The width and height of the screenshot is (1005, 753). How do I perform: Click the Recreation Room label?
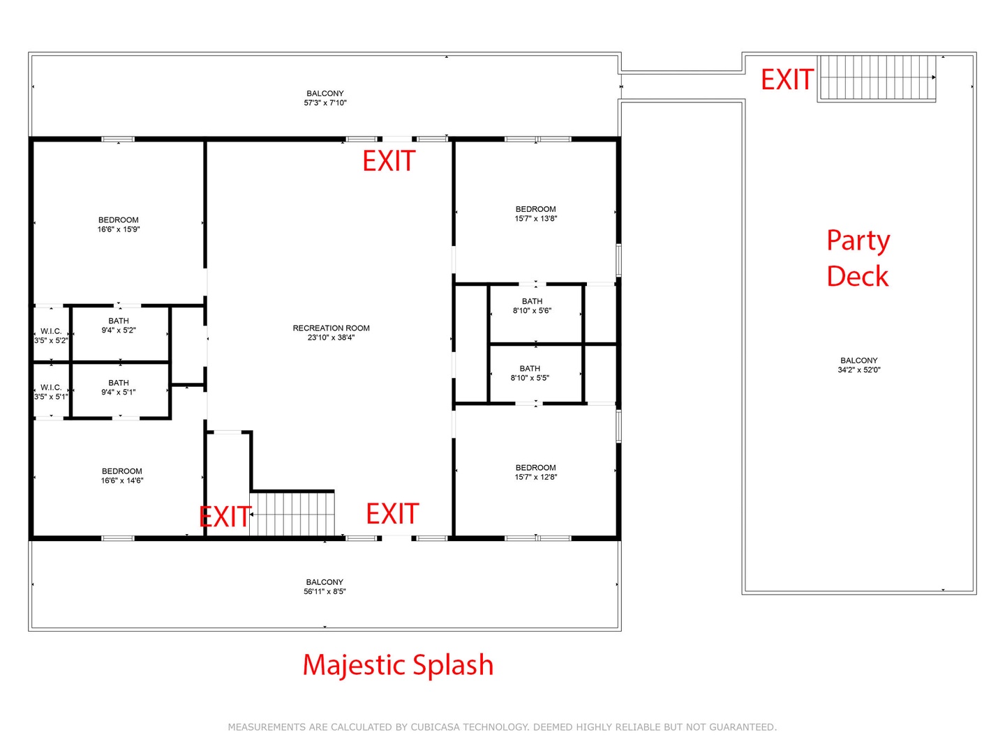click(x=331, y=333)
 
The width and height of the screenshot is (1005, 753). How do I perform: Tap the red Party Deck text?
click(x=858, y=258)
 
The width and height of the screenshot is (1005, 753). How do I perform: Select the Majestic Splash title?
click(x=398, y=666)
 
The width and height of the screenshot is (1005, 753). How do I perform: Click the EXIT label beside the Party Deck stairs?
click(x=787, y=79)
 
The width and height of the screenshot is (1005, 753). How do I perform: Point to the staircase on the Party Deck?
click(x=876, y=77)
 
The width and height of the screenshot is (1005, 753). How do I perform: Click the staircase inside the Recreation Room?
click(x=292, y=513)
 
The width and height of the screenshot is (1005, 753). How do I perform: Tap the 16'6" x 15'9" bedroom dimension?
click(x=118, y=229)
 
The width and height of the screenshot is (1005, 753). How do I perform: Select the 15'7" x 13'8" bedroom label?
click(x=535, y=213)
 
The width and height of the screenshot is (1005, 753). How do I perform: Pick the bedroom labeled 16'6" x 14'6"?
click(x=122, y=476)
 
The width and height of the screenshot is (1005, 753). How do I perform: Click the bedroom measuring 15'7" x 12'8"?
click(x=535, y=472)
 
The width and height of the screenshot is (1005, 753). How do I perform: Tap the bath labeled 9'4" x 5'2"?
click(x=119, y=325)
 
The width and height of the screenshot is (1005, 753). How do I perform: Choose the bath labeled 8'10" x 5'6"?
click(x=532, y=305)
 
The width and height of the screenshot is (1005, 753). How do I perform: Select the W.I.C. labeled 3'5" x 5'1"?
click(x=51, y=392)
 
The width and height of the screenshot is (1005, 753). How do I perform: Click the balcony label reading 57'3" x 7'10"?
click(x=325, y=98)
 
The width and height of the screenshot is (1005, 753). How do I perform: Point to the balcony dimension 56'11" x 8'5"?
click(x=324, y=586)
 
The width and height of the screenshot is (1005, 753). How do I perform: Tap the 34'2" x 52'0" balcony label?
click(x=858, y=365)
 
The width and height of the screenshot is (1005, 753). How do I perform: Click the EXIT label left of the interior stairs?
click(x=225, y=517)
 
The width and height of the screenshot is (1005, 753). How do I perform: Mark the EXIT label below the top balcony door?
click(x=389, y=161)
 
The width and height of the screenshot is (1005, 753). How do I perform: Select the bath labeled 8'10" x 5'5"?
click(x=529, y=372)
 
